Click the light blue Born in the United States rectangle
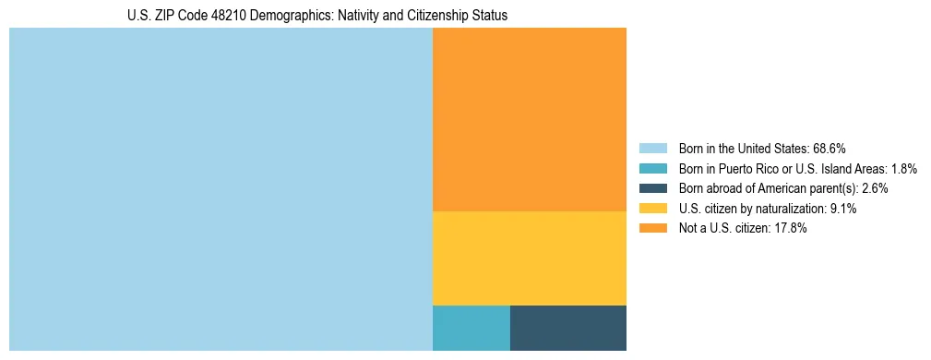click(221, 189)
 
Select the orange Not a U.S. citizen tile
click(529, 119)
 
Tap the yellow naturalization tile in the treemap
click(529, 258)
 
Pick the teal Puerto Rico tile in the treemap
click(471, 328)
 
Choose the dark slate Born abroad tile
click(567, 328)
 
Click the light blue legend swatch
click(652, 148)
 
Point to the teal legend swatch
click(652, 168)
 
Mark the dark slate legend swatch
click(652, 188)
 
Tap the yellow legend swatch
click(652, 209)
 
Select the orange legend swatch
click(652, 229)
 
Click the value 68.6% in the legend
click(830, 148)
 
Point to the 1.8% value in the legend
click(904, 168)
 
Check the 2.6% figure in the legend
click(874, 188)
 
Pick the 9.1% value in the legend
click(841, 209)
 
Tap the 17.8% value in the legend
click(790, 229)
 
